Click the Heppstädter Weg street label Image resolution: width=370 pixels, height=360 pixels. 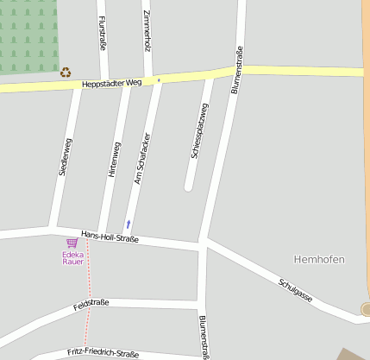111,84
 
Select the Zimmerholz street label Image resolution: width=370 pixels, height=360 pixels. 147,32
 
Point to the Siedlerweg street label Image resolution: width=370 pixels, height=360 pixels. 66,156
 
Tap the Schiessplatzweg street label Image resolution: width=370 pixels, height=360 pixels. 199,131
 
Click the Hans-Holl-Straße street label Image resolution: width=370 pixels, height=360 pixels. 110,237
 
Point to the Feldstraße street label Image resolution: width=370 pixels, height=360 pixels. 91,304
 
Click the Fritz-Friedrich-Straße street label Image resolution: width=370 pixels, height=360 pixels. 103,353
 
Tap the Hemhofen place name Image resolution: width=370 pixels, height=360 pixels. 319,259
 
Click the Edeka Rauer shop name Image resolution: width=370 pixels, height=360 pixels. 73,257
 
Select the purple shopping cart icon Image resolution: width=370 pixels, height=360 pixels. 72,243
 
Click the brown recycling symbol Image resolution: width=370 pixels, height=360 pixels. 66,73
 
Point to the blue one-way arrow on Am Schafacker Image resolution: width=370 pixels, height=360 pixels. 129,224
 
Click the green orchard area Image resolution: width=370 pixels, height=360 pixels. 28,35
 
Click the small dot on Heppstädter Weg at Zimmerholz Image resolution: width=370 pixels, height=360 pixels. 159,80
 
